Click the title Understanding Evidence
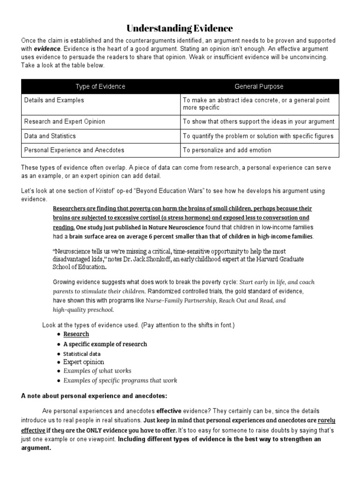coord(180,29)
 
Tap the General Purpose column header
coord(259,87)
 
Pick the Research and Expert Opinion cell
coord(65,121)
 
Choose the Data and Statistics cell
coord(50,136)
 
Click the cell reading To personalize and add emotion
coord(227,150)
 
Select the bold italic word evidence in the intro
coord(47,48)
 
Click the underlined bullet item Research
coord(76,334)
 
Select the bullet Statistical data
coord(82,353)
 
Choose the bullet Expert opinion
coord(84,362)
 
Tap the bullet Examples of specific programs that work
coord(120,380)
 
